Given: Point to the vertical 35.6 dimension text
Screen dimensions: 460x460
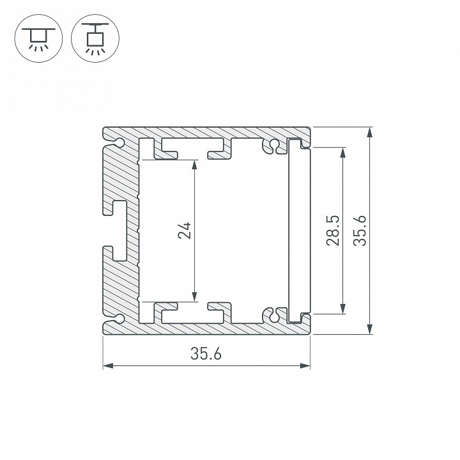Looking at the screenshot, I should click(x=360, y=231).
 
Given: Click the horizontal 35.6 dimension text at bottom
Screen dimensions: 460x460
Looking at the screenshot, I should click(x=206, y=355).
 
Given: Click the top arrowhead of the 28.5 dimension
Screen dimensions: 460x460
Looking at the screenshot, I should click(x=344, y=151).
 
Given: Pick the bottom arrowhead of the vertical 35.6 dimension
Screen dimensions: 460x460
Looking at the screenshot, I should click(x=369, y=330).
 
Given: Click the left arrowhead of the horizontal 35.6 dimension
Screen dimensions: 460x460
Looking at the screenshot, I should click(x=107, y=366).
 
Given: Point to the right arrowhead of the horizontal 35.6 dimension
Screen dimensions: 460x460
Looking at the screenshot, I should click(x=306, y=366).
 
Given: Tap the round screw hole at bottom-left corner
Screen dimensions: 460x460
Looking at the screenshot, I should click(x=119, y=318).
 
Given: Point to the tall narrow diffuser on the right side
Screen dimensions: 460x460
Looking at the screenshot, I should click(x=298, y=231).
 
